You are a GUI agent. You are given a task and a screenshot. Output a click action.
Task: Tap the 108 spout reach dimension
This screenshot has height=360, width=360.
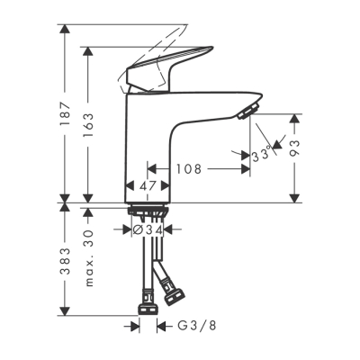pyautogui.click(x=187, y=168)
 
